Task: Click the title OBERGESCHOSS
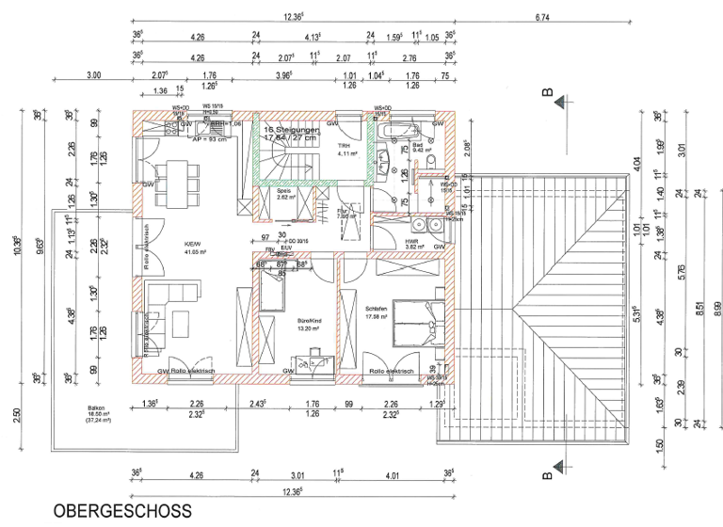pos(122,511)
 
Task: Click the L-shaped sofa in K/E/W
pos(156,311)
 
